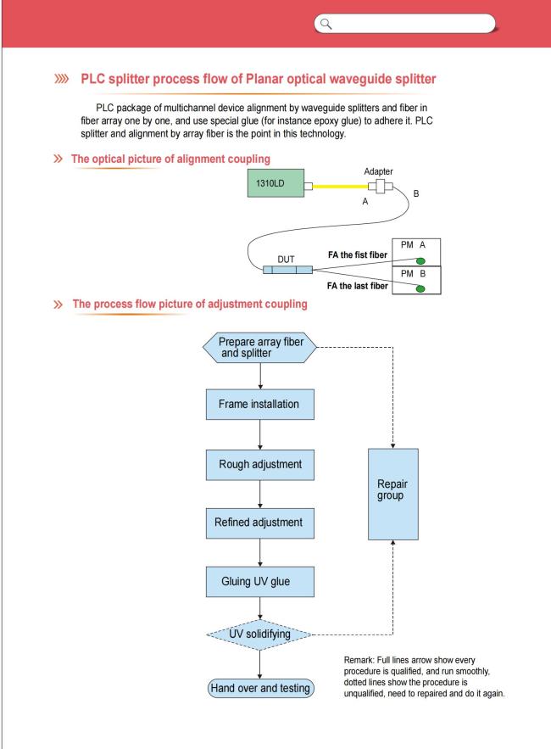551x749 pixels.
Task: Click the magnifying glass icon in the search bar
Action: click(326, 24)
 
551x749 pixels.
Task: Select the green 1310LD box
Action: click(275, 183)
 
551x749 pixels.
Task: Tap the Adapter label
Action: click(378, 171)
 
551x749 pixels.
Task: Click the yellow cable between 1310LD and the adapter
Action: click(340, 187)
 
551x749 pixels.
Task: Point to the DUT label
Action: click(286, 260)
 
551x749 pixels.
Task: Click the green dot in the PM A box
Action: click(420, 260)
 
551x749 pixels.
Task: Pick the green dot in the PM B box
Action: click(420, 288)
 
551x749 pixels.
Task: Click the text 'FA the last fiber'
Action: click(357, 286)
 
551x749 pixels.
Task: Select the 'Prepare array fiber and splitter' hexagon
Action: click(259, 348)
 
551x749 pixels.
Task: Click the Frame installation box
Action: click(259, 404)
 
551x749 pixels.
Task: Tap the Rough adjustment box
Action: click(259, 464)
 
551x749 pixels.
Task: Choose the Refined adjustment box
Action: click(259, 523)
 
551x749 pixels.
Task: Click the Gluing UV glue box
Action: click(259, 582)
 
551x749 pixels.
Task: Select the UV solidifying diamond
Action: click(259, 634)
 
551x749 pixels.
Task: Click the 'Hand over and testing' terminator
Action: click(261, 688)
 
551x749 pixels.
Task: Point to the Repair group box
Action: click(393, 494)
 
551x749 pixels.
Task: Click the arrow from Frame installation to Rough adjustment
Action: click(259, 434)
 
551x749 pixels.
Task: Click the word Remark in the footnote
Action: click(359, 660)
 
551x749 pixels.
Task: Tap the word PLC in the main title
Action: click(92, 79)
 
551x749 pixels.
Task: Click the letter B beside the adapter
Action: click(416, 193)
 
